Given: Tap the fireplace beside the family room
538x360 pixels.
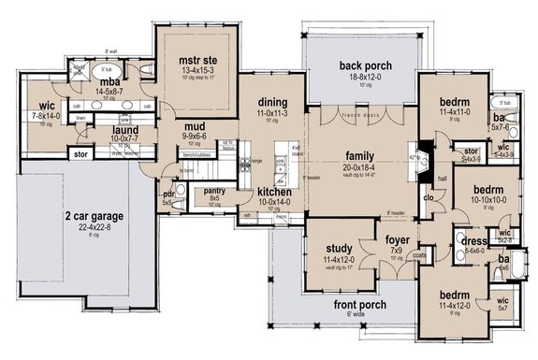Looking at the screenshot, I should click(423, 152).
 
